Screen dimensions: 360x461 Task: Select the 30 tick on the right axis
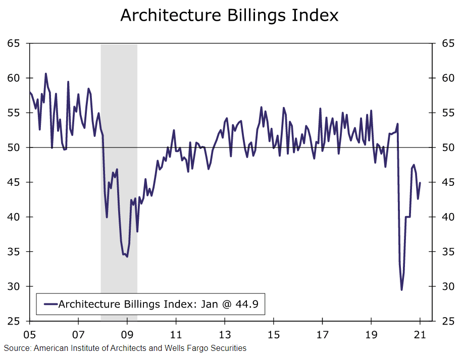[x=447, y=286]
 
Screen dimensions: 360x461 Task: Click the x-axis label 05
[x=29, y=334]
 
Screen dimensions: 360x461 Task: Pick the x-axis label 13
[x=225, y=334]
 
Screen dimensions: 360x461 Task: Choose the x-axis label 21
[x=420, y=334]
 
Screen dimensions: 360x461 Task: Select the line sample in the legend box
[x=51, y=304]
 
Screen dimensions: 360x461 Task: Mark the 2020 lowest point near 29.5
[x=402, y=289]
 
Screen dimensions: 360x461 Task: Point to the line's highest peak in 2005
[x=45, y=74]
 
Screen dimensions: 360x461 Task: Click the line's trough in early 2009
[x=127, y=256]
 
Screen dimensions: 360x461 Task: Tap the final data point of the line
[x=420, y=183]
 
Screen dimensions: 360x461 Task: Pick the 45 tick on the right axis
[x=447, y=182]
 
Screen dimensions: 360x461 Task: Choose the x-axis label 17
[x=322, y=334]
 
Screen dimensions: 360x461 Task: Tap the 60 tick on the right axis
[x=447, y=78]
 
